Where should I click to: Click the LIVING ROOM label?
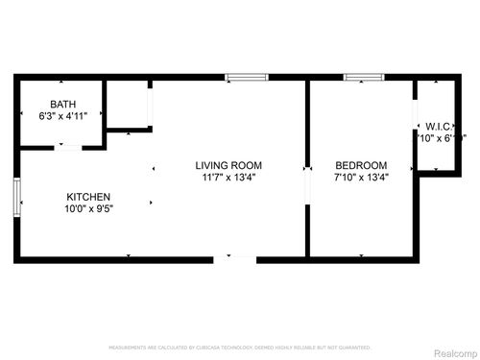click(228, 165)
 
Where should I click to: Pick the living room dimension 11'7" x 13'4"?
click(228, 177)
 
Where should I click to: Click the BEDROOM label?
click(360, 165)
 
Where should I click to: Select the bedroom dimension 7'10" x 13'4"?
click(360, 177)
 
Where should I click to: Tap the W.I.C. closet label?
click(439, 126)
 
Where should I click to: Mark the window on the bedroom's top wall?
click(364, 77)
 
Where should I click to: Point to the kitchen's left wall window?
click(16, 199)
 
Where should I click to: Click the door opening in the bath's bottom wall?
click(67, 147)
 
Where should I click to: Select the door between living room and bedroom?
click(307, 182)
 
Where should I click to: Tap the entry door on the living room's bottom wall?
click(235, 258)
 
